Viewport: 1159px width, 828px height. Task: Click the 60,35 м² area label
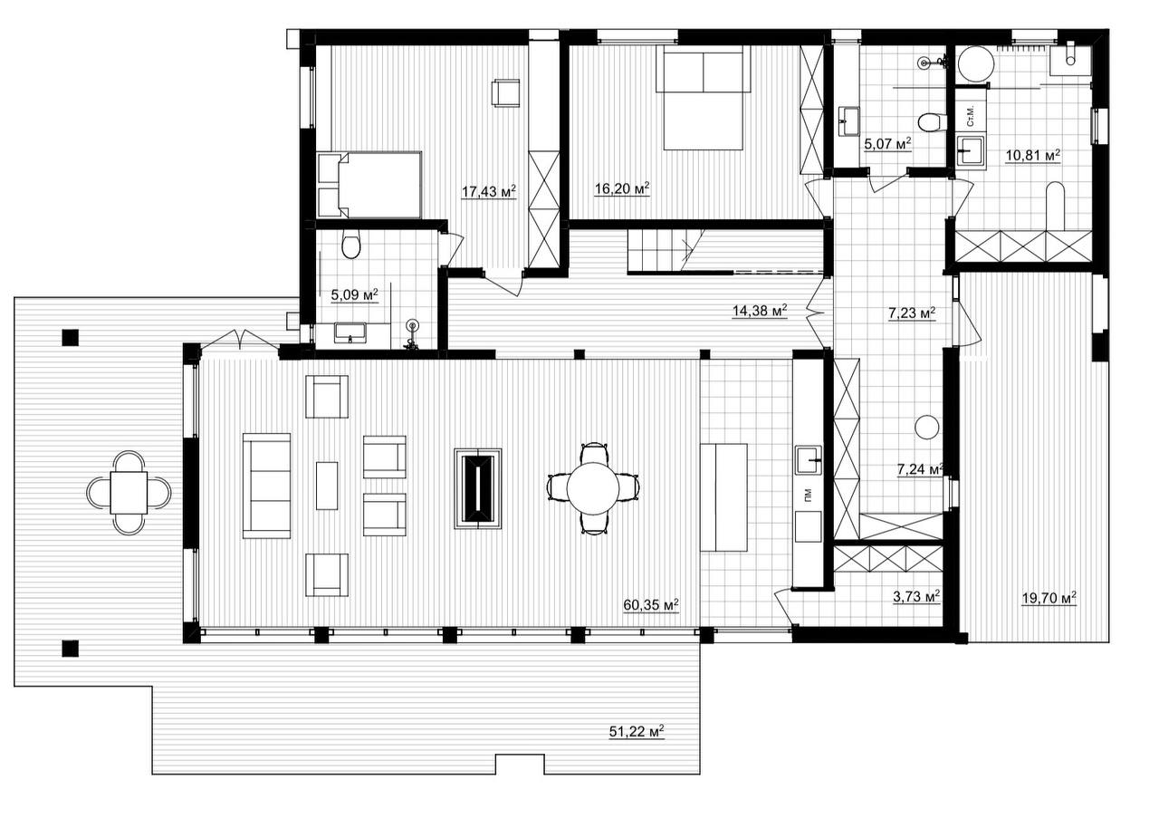click(651, 605)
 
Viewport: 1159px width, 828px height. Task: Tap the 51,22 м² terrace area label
click(637, 732)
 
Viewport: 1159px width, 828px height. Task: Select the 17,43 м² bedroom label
click(488, 191)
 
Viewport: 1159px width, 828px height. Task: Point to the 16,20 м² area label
click(622, 188)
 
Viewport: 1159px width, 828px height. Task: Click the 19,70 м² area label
click(1049, 598)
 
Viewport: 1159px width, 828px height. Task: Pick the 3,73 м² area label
click(916, 597)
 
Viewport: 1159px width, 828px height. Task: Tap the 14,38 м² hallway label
click(760, 311)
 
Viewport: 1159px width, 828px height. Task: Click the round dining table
click(593, 488)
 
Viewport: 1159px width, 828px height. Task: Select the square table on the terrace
click(129, 492)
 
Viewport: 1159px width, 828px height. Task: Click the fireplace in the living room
click(478, 488)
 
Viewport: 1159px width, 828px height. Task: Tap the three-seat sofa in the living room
click(266, 486)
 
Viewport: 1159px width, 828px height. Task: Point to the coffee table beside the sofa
click(327, 486)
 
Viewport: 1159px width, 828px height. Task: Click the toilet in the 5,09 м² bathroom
click(351, 246)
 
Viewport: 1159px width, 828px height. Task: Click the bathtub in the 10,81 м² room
click(1055, 207)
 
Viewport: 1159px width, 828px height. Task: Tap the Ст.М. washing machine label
click(971, 117)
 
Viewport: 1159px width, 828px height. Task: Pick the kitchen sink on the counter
click(809, 459)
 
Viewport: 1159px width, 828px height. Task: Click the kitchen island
click(723, 497)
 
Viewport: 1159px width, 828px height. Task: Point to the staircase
click(666, 252)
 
